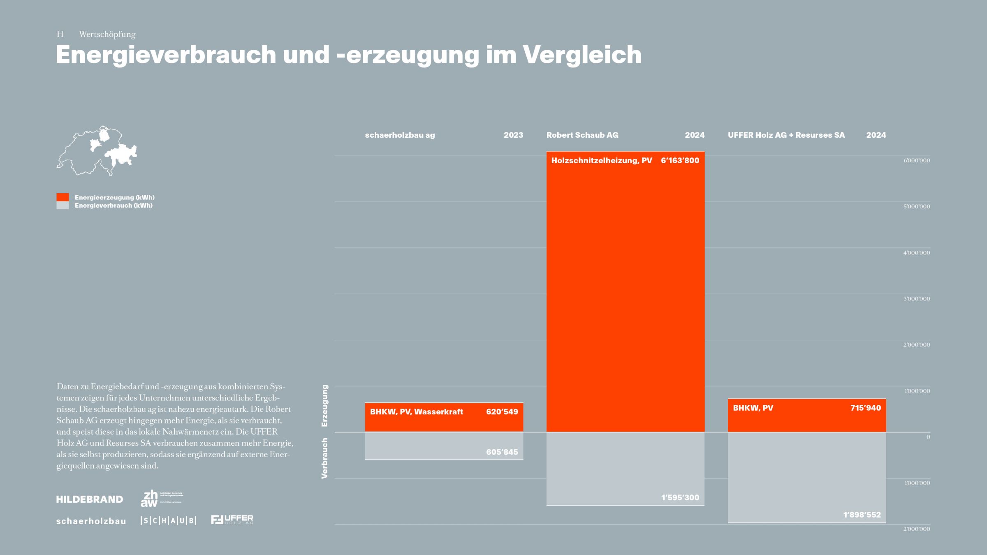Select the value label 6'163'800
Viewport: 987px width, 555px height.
click(680, 160)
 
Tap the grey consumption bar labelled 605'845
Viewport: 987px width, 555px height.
click(444, 446)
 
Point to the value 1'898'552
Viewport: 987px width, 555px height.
click(862, 515)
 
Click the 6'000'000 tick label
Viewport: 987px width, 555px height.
click(916, 160)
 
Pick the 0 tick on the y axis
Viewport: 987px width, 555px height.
click(928, 437)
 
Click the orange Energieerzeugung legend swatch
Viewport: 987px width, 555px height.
click(63, 197)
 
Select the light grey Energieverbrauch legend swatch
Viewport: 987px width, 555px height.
click(63, 206)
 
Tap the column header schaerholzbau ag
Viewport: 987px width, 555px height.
click(400, 135)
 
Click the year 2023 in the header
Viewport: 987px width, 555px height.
click(513, 135)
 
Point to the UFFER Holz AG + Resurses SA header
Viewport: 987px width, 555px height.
click(786, 135)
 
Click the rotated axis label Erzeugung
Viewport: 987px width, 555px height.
click(325, 405)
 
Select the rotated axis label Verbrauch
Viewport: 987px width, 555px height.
click(325, 458)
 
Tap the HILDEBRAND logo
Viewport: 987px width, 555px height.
click(90, 499)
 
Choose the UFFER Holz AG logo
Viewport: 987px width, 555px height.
click(232, 520)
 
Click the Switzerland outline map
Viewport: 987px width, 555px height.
click(97, 151)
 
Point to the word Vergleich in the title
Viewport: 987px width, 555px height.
click(582, 54)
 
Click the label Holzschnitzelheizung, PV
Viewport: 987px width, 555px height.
click(601, 160)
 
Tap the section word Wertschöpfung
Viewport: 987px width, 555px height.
click(107, 35)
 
